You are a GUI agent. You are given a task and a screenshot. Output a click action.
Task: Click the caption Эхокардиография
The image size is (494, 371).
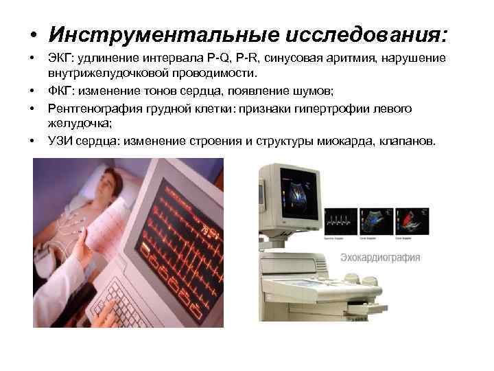coord(380,258)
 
